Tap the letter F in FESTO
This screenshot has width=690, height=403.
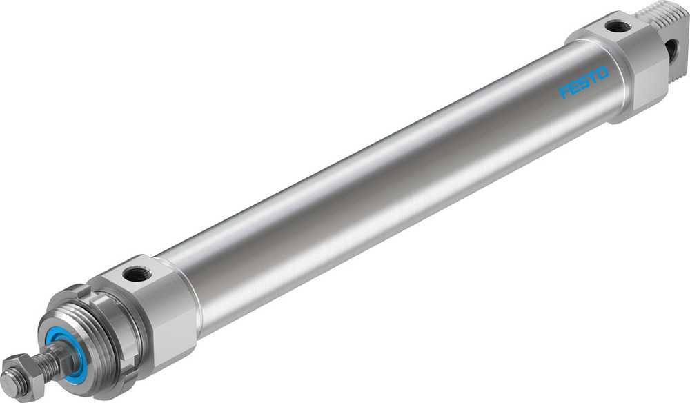[x=565, y=92]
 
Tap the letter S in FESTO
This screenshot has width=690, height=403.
[x=584, y=83]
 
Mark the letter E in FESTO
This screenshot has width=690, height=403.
[x=574, y=88]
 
